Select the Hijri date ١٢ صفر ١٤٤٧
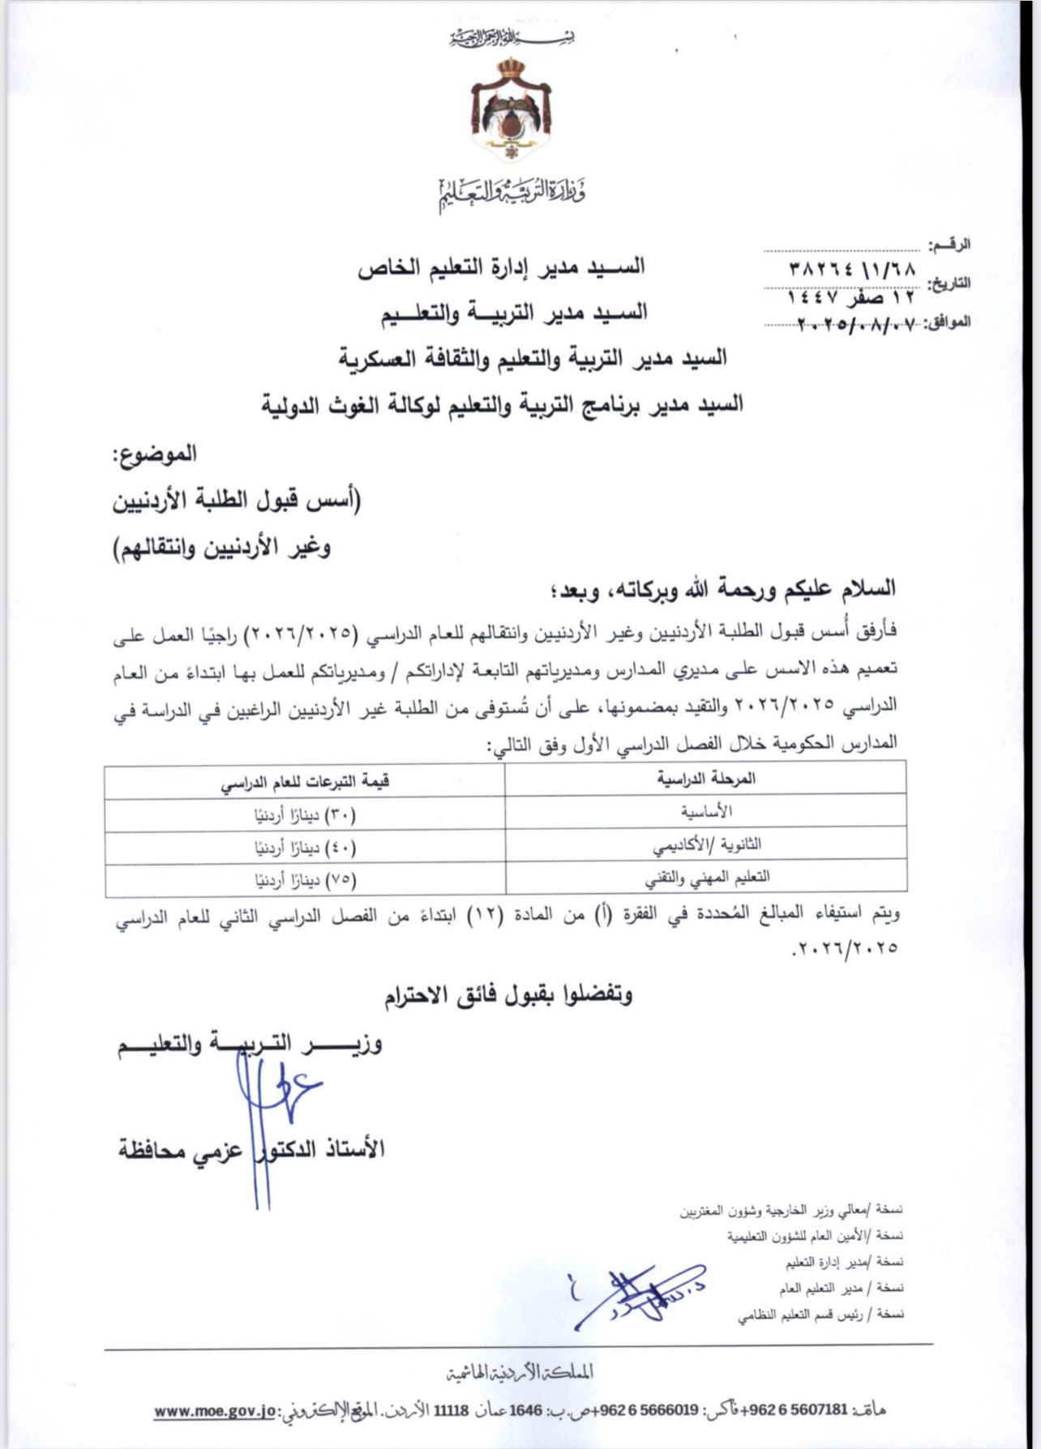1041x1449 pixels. tap(850, 298)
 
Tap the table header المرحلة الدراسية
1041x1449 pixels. tap(705, 779)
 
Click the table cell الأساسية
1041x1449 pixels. tap(706, 811)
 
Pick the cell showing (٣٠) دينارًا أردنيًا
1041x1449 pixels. tap(305, 815)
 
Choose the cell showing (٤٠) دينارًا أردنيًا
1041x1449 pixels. tap(305, 848)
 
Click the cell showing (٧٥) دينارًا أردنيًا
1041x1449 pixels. tap(305, 879)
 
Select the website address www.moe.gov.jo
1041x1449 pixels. tap(215, 1411)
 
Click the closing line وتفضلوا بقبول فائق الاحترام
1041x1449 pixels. tap(508, 995)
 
